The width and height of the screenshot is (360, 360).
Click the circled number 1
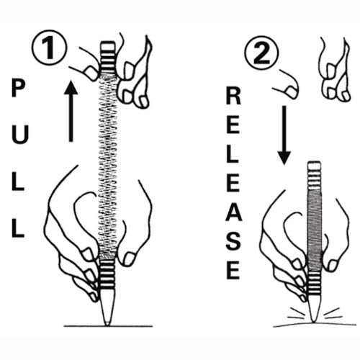pyautogui.click(x=50, y=48)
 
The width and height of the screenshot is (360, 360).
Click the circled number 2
pyautogui.click(x=261, y=53)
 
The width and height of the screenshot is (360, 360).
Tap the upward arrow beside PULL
pyautogui.click(x=71, y=111)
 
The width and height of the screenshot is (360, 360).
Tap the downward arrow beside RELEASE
pyautogui.click(x=284, y=135)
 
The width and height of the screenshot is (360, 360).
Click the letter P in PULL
pyautogui.click(x=18, y=89)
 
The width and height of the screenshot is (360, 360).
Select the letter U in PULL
pyautogui.click(x=20, y=135)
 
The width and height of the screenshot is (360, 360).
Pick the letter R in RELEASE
pyautogui.click(x=233, y=96)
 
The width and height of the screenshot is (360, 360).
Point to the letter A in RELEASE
pyautogui.click(x=234, y=212)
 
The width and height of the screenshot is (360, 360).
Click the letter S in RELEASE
pyautogui.click(x=233, y=242)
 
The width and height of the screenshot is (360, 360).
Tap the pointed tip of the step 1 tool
pyautogui.click(x=107, y=325)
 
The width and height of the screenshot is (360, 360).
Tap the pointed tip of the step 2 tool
pyautogui.click(x=313, y=321)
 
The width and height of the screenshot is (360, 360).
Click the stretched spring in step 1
pyautogui.click(x=108, y=166)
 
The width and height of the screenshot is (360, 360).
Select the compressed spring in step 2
pyautogui.click(x=315, y=230)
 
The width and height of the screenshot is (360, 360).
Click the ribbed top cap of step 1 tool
pyautogui.click(x=108, y=57)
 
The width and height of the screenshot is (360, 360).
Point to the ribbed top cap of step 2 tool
pyautogui.click(x=315, y=176)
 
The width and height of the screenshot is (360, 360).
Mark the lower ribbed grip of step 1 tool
pyautogui.click(x=107, y=274)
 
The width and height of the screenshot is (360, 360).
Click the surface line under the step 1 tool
pyautogui.click(x=108, y=326)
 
